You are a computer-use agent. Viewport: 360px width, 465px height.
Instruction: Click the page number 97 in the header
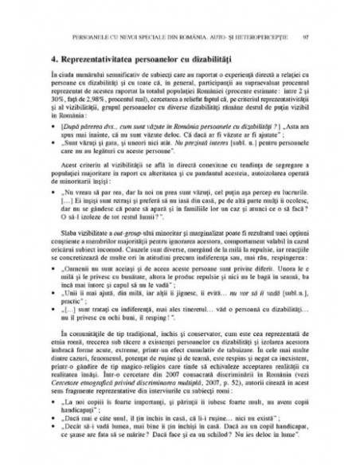[x=307, y=37]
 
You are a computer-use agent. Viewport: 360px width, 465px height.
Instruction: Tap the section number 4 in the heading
[x=51, y=61]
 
